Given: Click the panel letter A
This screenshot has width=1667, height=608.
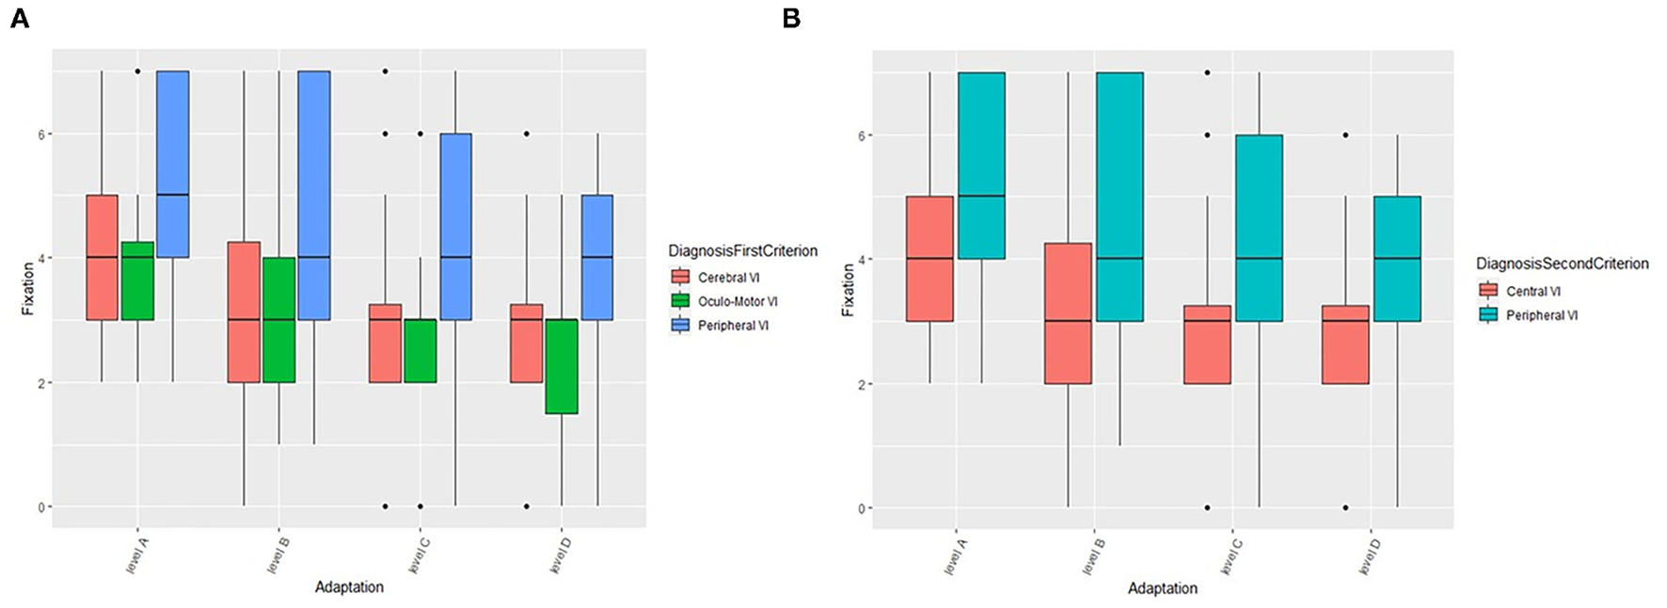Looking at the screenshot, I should [x=19, y=18].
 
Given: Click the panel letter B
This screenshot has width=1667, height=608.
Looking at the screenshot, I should [x=791, y=18].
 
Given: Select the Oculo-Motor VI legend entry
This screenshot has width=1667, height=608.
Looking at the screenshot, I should [x=737, y=301].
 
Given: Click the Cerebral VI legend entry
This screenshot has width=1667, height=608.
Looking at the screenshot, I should [x=728, y=278].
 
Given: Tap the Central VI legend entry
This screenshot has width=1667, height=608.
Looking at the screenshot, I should [x=1532, y=291].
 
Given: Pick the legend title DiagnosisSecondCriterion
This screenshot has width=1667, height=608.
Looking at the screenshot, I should [x=1562, y=264].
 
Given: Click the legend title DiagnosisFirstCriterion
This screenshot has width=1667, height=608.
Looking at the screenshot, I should [x=742, y=251].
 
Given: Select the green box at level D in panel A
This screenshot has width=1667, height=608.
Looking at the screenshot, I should [x=562, y=366].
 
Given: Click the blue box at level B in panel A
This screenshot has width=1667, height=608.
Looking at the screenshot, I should [x=314, y=195].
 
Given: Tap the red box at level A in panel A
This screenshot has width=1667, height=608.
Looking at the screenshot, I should [x=103, y=257].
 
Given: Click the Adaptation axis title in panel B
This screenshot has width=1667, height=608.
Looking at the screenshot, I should [x=1163, y=588].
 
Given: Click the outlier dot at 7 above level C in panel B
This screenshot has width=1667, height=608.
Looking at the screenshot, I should [x=1207, y=72].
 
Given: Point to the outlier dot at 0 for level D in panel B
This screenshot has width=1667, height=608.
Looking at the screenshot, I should [x=1345, y=507].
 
